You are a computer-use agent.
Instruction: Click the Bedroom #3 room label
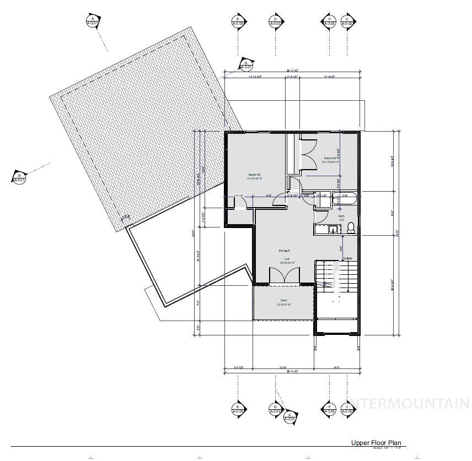254,177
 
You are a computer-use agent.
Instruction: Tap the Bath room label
341,218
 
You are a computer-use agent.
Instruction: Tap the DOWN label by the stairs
347,258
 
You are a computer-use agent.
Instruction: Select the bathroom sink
331,230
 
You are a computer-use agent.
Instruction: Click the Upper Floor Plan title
377,443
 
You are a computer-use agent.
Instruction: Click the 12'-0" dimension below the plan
283,367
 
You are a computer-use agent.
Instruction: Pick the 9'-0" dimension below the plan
336,367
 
